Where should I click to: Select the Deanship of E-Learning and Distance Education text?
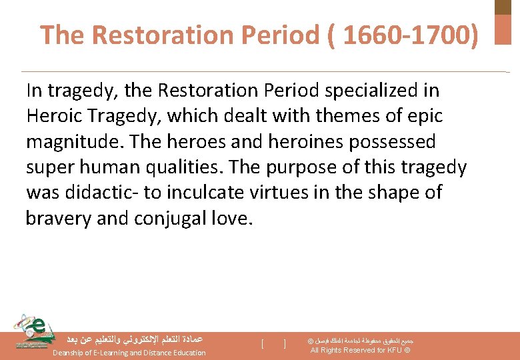[x=129, y=353]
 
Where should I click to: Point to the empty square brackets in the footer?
[x=274, y=344]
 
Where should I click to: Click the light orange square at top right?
[x=503, y=30]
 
